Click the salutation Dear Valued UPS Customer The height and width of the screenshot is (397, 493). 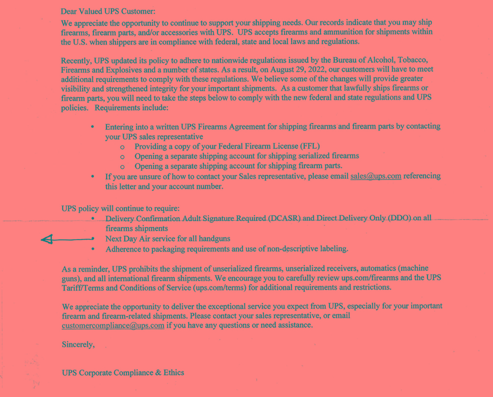(108, 12)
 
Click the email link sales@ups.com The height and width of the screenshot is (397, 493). (376, 176)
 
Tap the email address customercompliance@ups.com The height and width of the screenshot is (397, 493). (113, 325)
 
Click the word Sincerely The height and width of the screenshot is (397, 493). (78, 344)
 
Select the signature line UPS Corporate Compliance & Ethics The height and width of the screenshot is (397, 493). (123, 373)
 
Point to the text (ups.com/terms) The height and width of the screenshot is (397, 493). (219, 288)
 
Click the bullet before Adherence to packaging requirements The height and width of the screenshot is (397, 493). (94, 249)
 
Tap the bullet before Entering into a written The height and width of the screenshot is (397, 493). (94, 127)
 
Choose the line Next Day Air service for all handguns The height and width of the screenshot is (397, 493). (168, 239)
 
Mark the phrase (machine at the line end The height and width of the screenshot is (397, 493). (415, 269)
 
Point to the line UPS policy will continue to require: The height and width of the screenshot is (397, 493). (120, 208)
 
